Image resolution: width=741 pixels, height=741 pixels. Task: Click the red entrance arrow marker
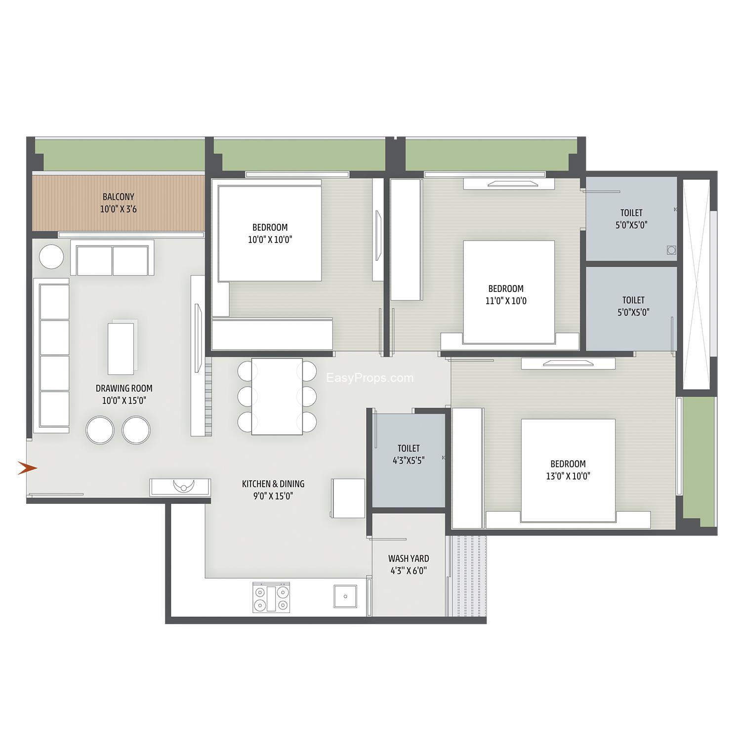[27, 468]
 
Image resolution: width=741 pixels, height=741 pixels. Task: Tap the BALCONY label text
[119, 197]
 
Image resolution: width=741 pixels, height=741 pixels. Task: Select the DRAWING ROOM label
[124, 388]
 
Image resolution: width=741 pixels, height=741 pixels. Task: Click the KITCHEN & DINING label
[273, 484]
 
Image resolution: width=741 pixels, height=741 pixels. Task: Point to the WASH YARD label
[409, 558]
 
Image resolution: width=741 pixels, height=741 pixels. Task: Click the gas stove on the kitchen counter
[271, 598]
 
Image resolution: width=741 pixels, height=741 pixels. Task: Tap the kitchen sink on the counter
[345, 596]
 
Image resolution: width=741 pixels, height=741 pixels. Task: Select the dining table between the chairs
[277, 397]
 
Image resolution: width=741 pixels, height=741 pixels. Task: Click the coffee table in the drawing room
[122, 347]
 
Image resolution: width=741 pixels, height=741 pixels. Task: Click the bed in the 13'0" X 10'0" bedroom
[569, 470]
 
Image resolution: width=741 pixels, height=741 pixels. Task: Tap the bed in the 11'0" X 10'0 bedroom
[509, 292]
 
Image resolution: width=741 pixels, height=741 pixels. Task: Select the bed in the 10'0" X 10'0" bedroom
[270, 234]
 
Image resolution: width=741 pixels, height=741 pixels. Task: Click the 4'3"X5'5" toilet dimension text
[409, 460]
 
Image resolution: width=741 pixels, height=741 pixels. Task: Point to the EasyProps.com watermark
[370, 378]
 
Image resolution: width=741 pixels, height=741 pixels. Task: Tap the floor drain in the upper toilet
[671, 250]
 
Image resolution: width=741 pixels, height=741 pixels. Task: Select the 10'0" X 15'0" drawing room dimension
[124, 401]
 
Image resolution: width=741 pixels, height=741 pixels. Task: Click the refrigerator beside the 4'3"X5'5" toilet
[348, 498]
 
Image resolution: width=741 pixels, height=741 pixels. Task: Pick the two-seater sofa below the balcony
[112, 258]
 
